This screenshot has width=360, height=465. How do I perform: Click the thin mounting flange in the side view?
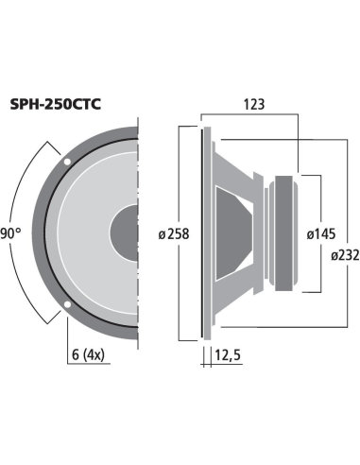coord(204,232)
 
